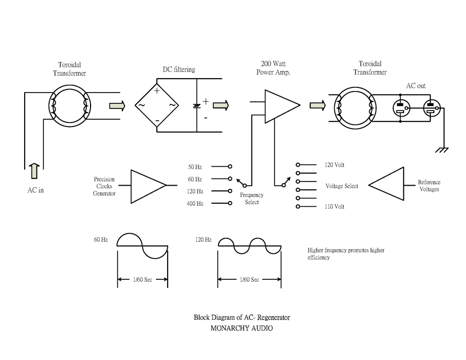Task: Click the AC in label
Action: click(35, 190)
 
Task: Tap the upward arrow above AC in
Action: click(35, 171)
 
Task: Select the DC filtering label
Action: click(179, 69)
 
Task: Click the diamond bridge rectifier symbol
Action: click(157, 105)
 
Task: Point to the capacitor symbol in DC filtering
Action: click(196, 106)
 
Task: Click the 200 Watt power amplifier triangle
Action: click(282, 105)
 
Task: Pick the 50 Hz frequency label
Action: click(195, 167)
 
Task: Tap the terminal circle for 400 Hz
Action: click(230, 203)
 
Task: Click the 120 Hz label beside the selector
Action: click(195, 191)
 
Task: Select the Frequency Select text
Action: click(252, 199)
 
